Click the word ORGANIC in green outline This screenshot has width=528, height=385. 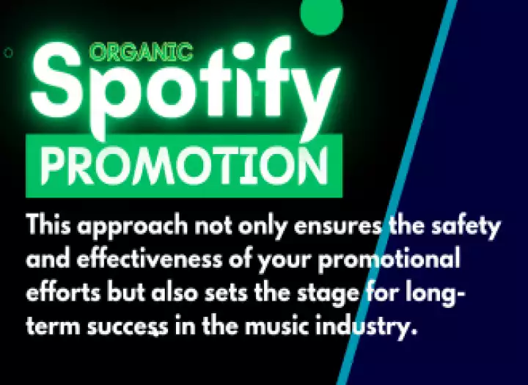[x=142, y=52]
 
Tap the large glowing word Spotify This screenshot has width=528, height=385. [x=186, y=87]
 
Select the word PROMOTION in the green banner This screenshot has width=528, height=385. [x=184, y=166]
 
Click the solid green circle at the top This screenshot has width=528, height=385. [x=322, y=15]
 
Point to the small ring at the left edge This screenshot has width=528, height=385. [x=8, y=53]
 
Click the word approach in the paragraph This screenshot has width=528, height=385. [x=132, y=227]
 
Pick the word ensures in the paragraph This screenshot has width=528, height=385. [x=338, y=227]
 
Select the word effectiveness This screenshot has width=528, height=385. [x=150, y=259]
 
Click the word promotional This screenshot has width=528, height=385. [x=389, y=260]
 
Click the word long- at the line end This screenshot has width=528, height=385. [x=435, y=293]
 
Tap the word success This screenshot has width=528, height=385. [x=128, y=327]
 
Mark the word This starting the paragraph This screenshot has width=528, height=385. [x=48, y=224]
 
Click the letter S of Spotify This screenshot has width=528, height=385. [x=56, y=81]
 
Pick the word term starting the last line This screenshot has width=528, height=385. [x=54, y=326]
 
